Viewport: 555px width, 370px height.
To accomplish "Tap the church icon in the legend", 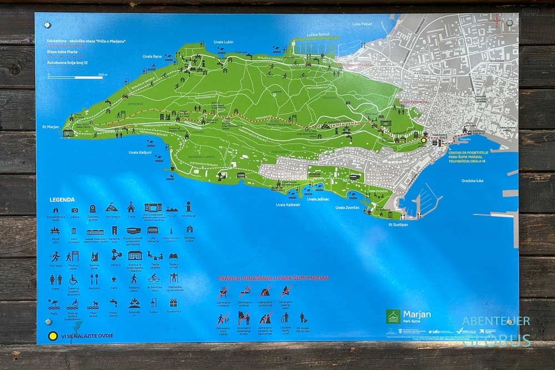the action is pos(130,207).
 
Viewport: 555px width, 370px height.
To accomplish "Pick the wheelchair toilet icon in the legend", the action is pos(74,279).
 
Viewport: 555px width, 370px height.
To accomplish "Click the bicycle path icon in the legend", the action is pos(153,278).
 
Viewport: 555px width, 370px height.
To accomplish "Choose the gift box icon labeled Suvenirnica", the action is pos(173,303).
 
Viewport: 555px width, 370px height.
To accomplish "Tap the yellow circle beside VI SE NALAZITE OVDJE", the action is pos(53,335).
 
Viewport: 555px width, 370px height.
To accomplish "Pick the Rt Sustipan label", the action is pos(398,225).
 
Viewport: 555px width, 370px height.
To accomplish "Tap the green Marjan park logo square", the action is pos(393,316).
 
